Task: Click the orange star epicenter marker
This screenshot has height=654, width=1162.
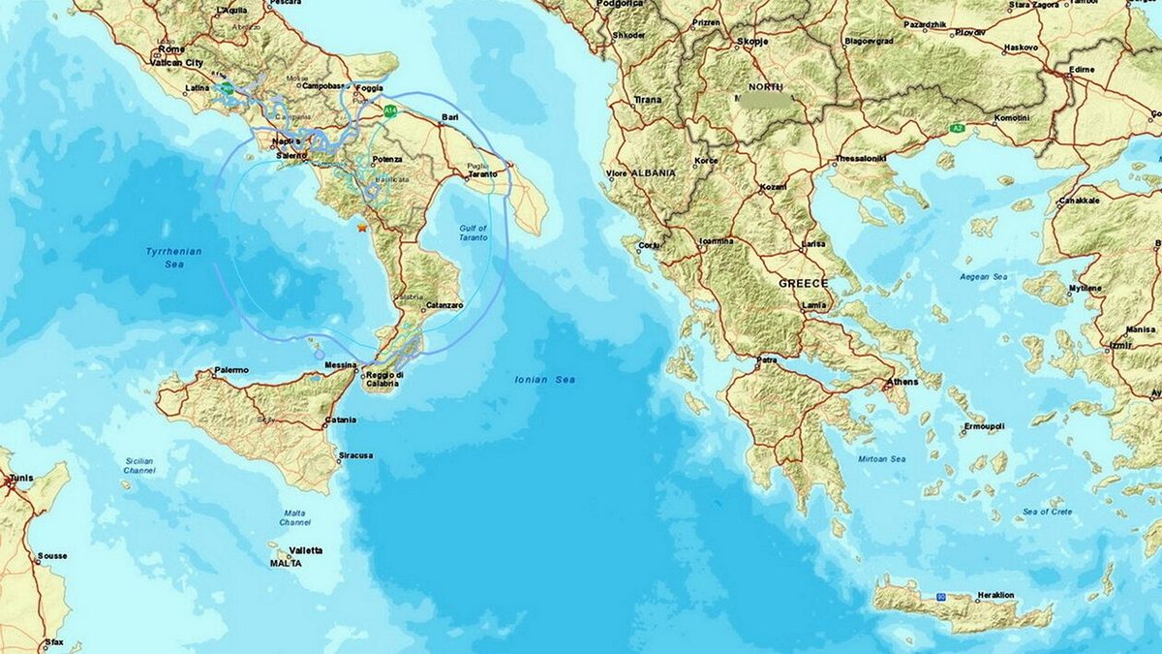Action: coord(361,227)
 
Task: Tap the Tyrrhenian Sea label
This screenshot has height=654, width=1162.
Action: coord(173,256)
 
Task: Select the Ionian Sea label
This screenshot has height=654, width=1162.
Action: coord(545,380)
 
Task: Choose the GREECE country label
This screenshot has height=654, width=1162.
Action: coord(804,283)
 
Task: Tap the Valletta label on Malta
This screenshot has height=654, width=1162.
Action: coord(306,550)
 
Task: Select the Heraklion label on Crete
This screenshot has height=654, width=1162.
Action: coord(994,594)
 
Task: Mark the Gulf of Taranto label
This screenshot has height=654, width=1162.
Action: coord(474,234)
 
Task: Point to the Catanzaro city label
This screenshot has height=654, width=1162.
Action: coord(443,305)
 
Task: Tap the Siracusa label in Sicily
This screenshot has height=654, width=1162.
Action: coord(355,455)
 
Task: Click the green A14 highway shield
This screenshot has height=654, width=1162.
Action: coord(390,111)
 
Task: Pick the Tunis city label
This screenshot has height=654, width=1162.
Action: coord(20,479)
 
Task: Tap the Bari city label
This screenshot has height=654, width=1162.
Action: coord(449,117)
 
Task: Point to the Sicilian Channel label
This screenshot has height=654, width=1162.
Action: coord(139,465)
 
